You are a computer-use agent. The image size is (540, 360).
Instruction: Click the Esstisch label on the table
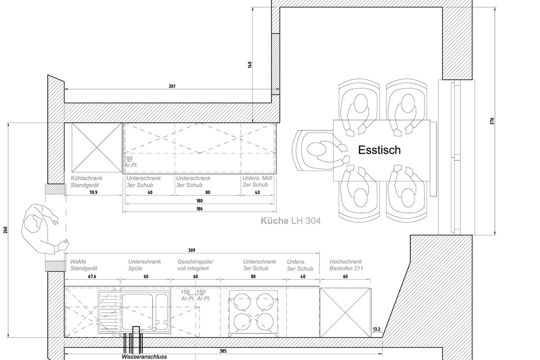point(379,150)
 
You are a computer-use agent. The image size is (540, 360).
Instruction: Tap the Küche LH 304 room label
point(291,221)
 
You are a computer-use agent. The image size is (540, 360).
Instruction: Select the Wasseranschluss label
point(144,356)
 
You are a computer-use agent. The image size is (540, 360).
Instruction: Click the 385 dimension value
point(223,351)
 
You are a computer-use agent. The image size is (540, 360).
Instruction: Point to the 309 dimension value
point(192,251)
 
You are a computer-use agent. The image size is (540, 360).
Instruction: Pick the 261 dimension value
point(172,86)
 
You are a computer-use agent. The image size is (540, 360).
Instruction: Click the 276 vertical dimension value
point(492,121)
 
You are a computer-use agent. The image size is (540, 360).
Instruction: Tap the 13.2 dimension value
point(377,329)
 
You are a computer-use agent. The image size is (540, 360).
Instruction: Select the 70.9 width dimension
point(93,193)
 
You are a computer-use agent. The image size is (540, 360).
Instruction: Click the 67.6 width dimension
point(92,277)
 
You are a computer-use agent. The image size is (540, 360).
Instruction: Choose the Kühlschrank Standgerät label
point(86,181)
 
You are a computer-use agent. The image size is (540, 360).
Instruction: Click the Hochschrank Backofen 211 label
point(346,265)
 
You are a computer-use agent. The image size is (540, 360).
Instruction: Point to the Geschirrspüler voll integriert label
point(195,265)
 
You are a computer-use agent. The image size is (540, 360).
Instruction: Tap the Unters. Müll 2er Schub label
point(257,181)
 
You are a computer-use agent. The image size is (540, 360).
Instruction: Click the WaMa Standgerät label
point(84,265)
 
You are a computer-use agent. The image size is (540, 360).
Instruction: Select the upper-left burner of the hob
point(242,302)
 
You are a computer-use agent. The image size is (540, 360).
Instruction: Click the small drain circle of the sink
point(154,329)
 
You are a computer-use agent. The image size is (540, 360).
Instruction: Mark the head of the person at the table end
point(317,149)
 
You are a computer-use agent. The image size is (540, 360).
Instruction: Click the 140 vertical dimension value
point(250,65)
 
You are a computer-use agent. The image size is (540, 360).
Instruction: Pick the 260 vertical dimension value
point(5,230)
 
